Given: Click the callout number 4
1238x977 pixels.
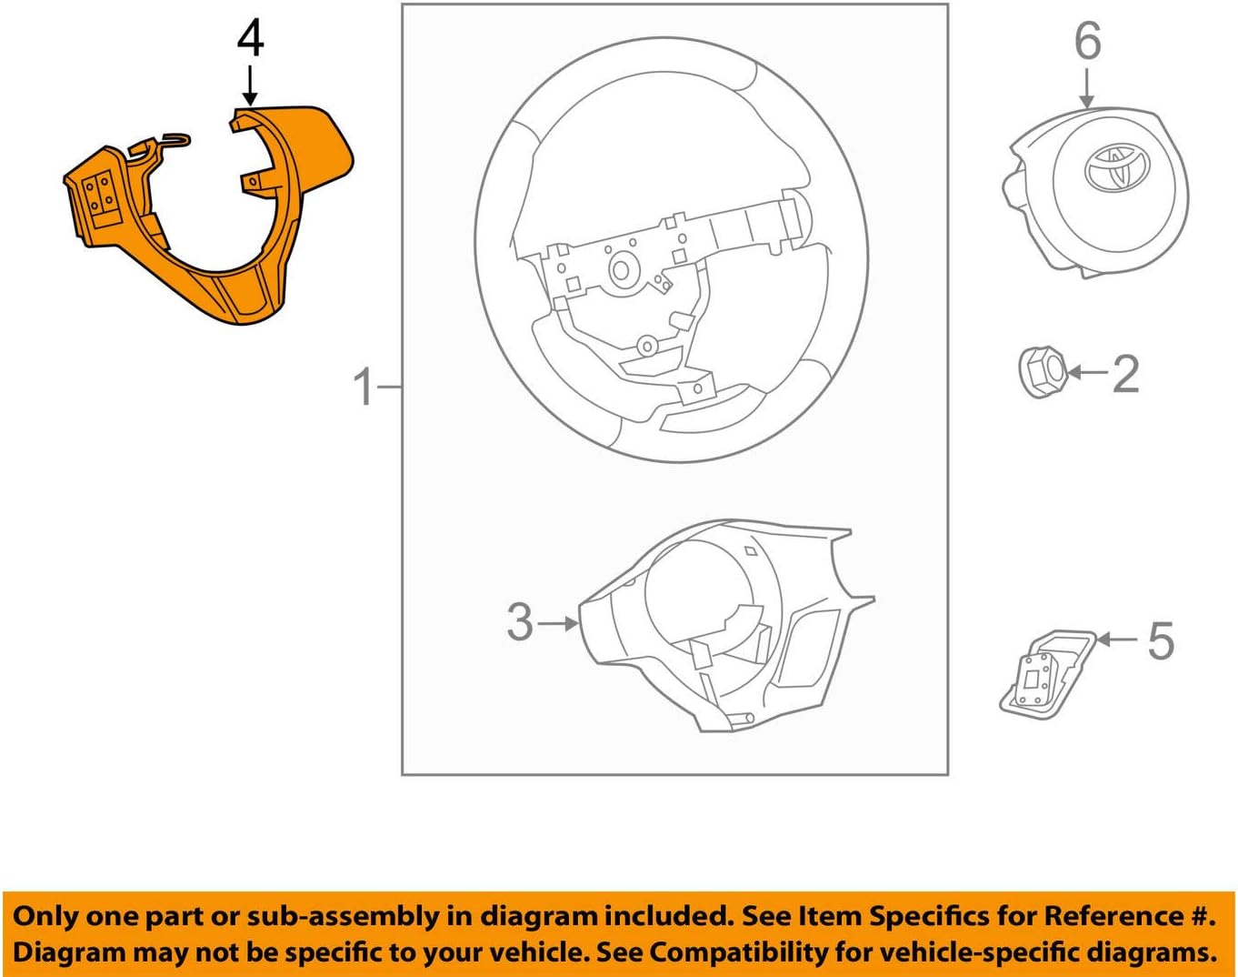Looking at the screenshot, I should click(x=250, y=41).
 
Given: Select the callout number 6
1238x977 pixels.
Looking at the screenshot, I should click(x=1087, y=42).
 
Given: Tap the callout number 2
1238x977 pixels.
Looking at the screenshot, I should click(x=1125, y=374).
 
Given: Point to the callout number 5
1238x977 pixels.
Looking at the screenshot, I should click(x=1161, y=641).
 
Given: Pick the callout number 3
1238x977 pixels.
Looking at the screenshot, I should click(x=520, y=622).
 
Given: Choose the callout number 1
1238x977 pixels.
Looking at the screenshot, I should click(x=364, y=388).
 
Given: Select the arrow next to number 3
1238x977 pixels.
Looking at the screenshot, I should click(x=559, y=623).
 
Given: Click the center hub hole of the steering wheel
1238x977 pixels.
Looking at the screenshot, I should click(x=623, y=268).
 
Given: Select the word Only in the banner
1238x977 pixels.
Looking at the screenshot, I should click(x=47, y=916).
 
